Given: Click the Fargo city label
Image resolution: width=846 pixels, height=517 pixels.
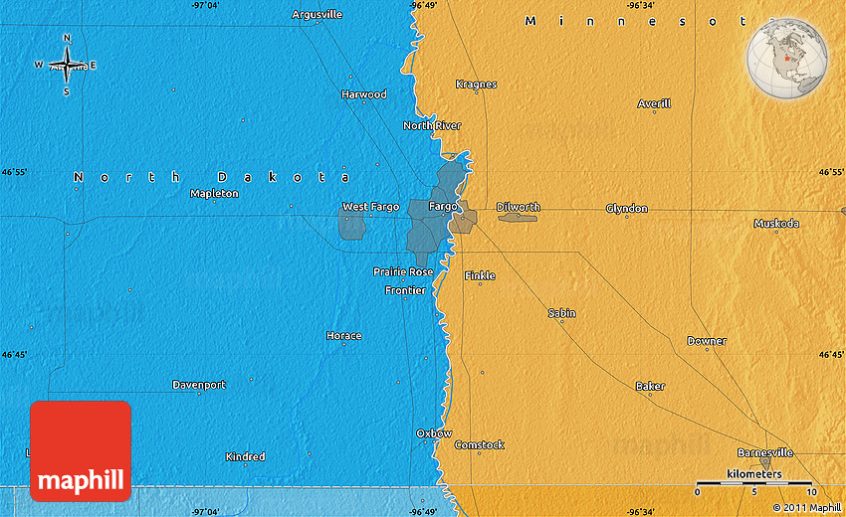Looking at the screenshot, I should [443, 206].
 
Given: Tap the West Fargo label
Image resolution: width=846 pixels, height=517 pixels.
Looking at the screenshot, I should [370, 207].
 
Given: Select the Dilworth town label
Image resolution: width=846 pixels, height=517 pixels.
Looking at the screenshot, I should [518, 207].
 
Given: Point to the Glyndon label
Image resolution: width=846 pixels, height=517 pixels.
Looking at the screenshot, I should [627, 209].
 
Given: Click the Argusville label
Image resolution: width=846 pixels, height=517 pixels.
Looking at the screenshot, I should [317, 15].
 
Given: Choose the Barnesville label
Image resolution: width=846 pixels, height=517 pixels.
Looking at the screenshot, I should [765, 452].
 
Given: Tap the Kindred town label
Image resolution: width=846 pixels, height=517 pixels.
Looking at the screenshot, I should [245, 457].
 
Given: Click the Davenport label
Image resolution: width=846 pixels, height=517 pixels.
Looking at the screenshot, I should [199, 385].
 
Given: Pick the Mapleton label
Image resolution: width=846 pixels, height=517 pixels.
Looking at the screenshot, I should [214, 194].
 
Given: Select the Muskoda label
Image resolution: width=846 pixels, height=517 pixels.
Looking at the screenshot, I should [776, 224].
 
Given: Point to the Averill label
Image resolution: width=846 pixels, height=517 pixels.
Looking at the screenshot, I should [654, 103].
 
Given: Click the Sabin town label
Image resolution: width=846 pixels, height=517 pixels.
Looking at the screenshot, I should [561, 313].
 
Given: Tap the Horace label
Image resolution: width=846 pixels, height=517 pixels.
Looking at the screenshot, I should [343, 336].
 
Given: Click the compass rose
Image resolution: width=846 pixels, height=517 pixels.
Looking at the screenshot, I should [67, 66].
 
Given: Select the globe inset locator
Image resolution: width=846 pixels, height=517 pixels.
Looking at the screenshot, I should [788, 57].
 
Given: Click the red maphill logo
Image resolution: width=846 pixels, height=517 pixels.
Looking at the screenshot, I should [81, 450].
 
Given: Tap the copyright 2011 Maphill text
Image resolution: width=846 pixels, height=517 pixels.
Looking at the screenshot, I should [805, 507].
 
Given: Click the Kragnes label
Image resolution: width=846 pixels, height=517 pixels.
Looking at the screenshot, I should [476, 85].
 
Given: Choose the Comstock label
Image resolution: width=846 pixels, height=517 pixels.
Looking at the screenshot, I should [479, 445].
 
